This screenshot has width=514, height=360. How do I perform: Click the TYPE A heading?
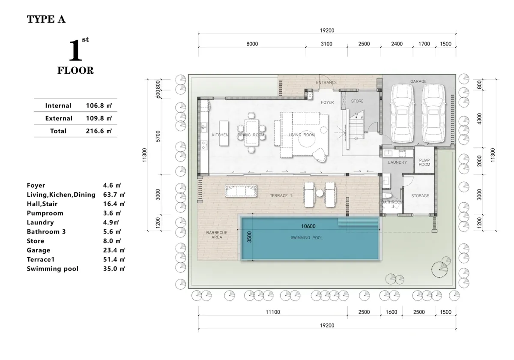click(x=46, y=19)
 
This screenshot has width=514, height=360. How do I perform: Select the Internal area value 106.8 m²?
click(x=99, y=105)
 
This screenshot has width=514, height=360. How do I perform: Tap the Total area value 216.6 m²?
click(x=99, y=131)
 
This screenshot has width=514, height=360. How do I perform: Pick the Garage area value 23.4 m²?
click(x=114, y=250)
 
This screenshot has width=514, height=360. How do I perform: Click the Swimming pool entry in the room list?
click(x=53, y=269)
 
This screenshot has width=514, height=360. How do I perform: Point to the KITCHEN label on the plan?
click(x=220, y=135)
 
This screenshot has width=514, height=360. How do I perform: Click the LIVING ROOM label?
click(x=302, y=135)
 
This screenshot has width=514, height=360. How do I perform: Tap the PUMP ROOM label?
click(x=424, y=162)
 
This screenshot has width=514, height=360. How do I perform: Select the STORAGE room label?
click(x=420, y=196)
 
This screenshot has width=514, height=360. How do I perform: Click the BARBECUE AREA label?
click(x=217, y=235)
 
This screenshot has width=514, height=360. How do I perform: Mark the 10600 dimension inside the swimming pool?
click(x=308, y=226)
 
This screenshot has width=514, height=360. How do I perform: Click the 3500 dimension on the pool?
click(x=249, y=237)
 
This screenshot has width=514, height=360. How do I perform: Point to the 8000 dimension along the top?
click(x=252, y=44)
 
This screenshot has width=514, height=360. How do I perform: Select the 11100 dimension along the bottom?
click(x=273, y=312)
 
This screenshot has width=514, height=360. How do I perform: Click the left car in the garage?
click(x=402, y=114)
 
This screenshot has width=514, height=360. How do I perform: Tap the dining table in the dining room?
click(x=251, y=132)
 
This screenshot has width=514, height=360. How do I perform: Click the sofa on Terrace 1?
click(x=241, y=191)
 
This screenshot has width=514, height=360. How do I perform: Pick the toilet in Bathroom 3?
click(x=388, y=196)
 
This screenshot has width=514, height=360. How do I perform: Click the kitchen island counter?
click(x=224, y=133)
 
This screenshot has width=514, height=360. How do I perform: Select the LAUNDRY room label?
click(x=397, y=162)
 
